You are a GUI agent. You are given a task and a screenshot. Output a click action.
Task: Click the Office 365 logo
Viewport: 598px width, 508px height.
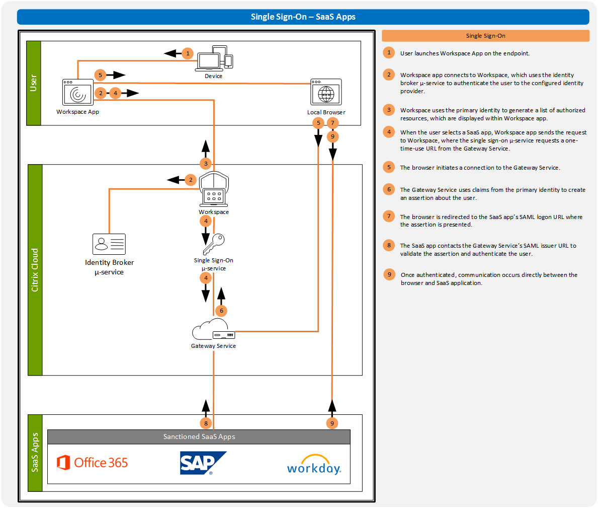click(93, 463)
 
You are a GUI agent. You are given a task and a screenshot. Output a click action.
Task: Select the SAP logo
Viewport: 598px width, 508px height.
click(202, 463)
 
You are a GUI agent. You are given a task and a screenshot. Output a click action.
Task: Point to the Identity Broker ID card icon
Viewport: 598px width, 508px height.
click(109, 244)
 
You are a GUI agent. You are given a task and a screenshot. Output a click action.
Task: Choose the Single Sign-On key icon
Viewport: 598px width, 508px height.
click(214, 245)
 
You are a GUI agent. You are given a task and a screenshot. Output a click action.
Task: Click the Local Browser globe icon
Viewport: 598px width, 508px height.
click(326, 93)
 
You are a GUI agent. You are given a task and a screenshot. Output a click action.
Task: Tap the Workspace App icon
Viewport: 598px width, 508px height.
click(78, 93)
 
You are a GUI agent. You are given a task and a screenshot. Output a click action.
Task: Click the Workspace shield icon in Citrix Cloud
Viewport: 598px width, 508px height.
click(214, 189)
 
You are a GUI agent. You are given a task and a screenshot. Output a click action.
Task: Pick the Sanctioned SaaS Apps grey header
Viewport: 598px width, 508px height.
click(199, 437)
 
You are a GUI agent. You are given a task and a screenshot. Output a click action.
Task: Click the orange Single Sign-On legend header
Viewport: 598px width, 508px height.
click(485, 36)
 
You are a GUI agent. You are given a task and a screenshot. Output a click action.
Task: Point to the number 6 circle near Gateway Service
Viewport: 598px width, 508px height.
click(221, 311)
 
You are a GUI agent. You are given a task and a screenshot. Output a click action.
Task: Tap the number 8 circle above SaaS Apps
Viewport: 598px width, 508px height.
click(206, 423)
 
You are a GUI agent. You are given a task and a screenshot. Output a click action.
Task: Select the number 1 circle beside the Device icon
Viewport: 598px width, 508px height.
click(188, 53)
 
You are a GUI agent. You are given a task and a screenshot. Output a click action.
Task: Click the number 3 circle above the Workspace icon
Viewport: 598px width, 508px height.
click(206, 164)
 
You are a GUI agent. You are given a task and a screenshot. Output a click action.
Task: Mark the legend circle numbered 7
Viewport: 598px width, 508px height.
click(389, 216)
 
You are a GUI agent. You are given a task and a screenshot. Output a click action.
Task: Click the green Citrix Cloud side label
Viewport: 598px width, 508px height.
click(35, 270)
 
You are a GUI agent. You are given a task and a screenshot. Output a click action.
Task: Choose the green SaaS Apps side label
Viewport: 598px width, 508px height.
click(35, 453)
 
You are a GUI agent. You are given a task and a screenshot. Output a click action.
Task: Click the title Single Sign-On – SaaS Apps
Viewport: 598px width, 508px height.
click(303, 17)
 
